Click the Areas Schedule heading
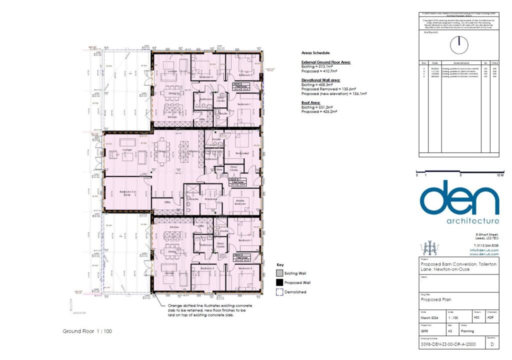coord(316,52)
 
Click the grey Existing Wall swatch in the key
coord(279,273)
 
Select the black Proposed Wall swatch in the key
coord(279,282)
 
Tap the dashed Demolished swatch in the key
coord(279,292)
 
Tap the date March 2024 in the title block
coord(429,316)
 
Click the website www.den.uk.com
coord(484,254)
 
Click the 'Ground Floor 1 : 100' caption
coord(88,331)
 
